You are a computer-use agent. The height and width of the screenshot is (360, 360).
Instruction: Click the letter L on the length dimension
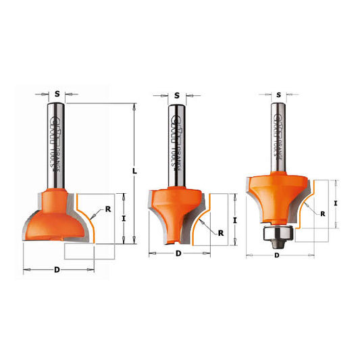click(135, 172)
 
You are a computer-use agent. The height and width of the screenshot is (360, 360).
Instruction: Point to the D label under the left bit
click(57, 269)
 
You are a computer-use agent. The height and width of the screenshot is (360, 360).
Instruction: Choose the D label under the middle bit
click(178, 254)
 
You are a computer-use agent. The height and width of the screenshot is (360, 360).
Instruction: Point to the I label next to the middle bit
click(234, 219)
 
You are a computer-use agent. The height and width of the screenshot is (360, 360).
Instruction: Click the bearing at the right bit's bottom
click(277, 235)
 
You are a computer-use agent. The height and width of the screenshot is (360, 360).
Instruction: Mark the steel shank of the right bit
click(278, 135)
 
